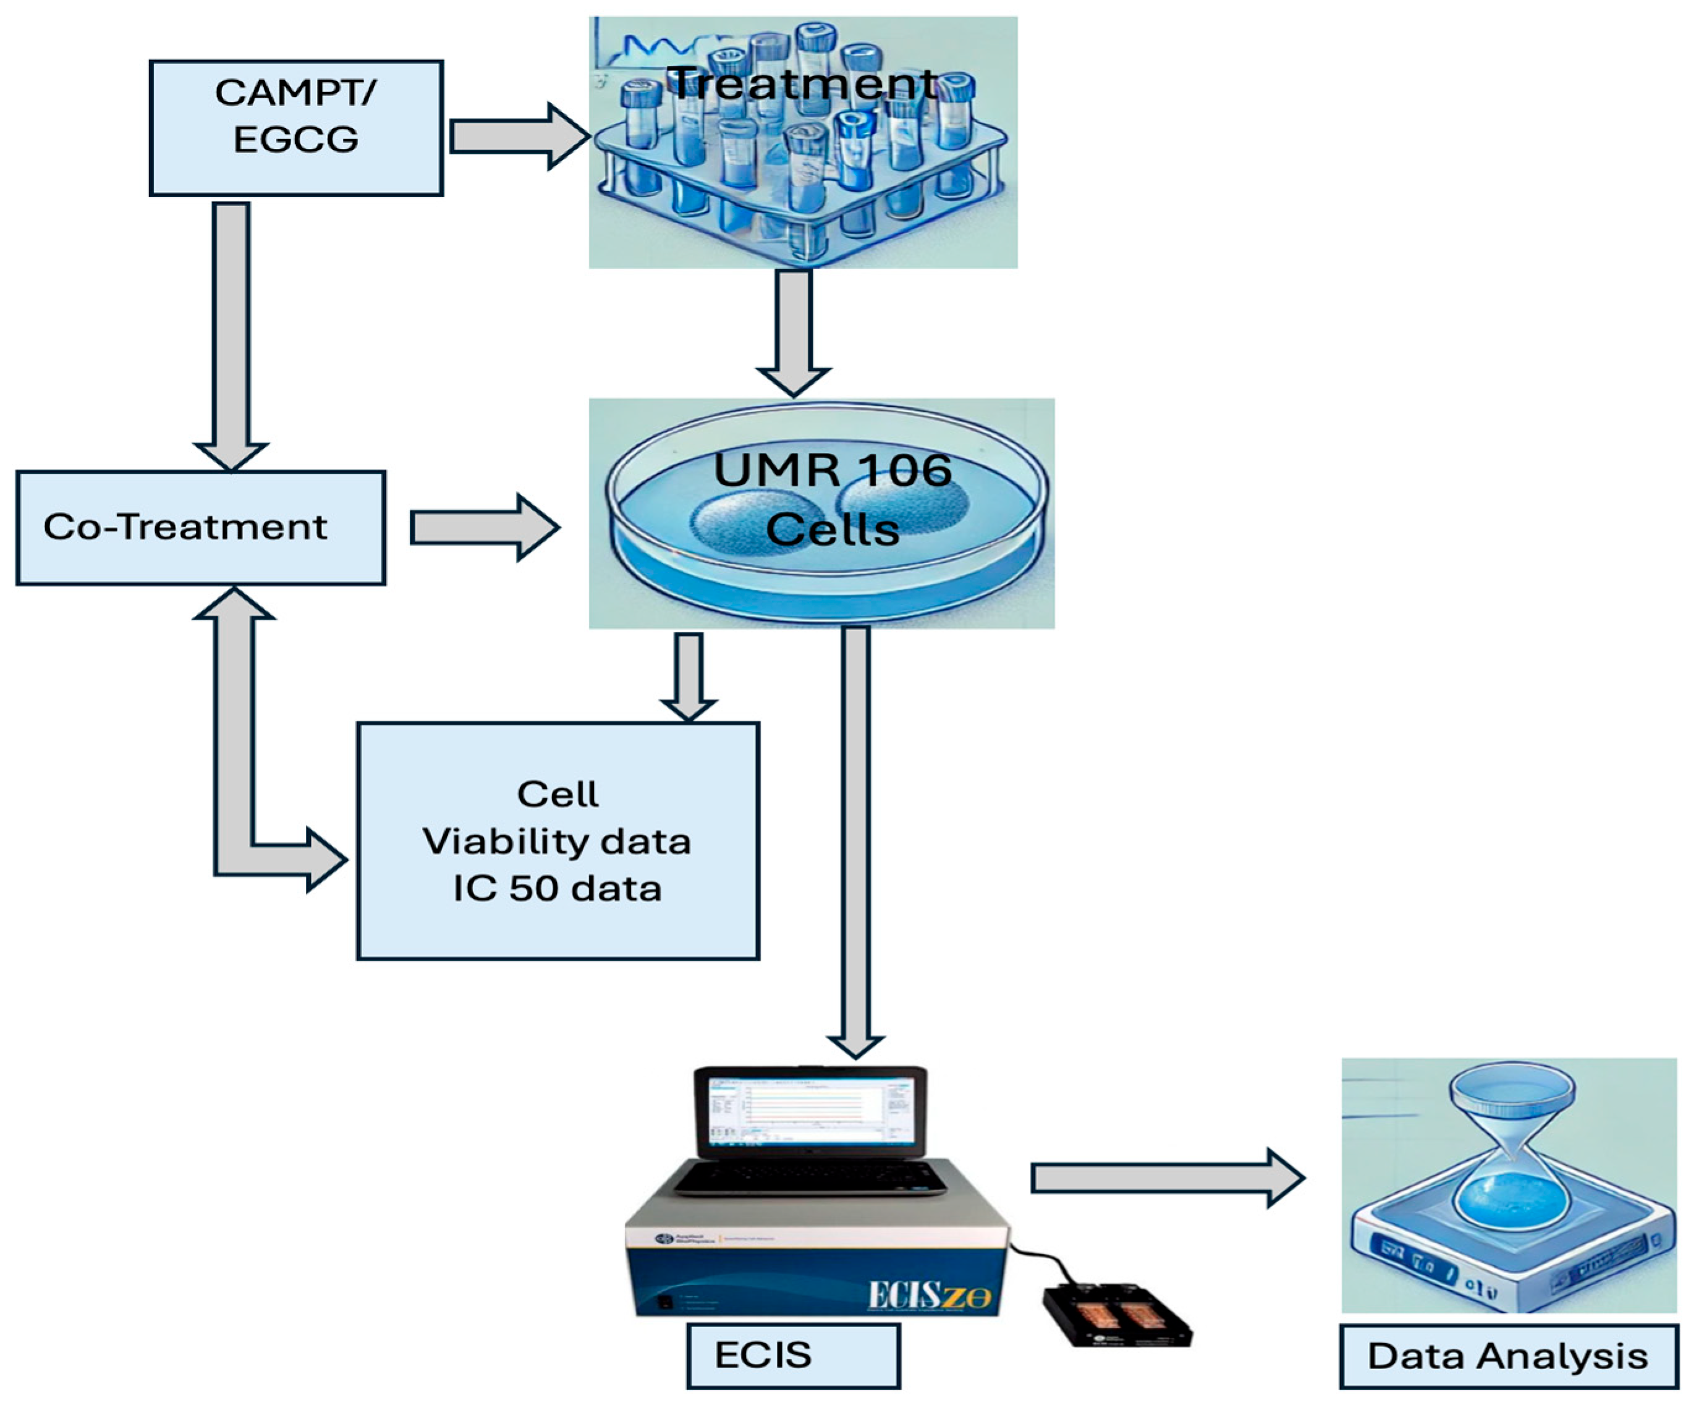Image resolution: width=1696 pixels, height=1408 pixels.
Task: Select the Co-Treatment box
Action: click(x=200, y=527)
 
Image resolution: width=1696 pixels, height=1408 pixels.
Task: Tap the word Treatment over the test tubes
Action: click(x=803, y=84)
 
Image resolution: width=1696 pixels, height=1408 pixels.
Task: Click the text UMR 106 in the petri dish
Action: click(x=832, y=471)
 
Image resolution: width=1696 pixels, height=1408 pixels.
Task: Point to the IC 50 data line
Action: click(x=558, y=888)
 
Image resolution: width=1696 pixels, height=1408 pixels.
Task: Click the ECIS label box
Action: click(x=792, y=1355)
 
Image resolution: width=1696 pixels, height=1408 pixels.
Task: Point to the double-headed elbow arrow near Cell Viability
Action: click(x=234, y=775)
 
